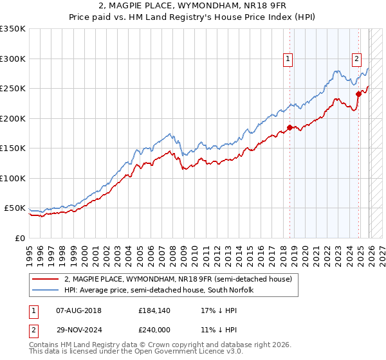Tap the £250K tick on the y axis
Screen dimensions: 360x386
[13, 89]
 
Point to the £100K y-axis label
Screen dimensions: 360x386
[13, 178]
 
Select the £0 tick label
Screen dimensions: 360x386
[19, 238]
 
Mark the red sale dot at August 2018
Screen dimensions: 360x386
[289, 127]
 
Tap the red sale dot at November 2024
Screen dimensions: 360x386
[359, 94]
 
